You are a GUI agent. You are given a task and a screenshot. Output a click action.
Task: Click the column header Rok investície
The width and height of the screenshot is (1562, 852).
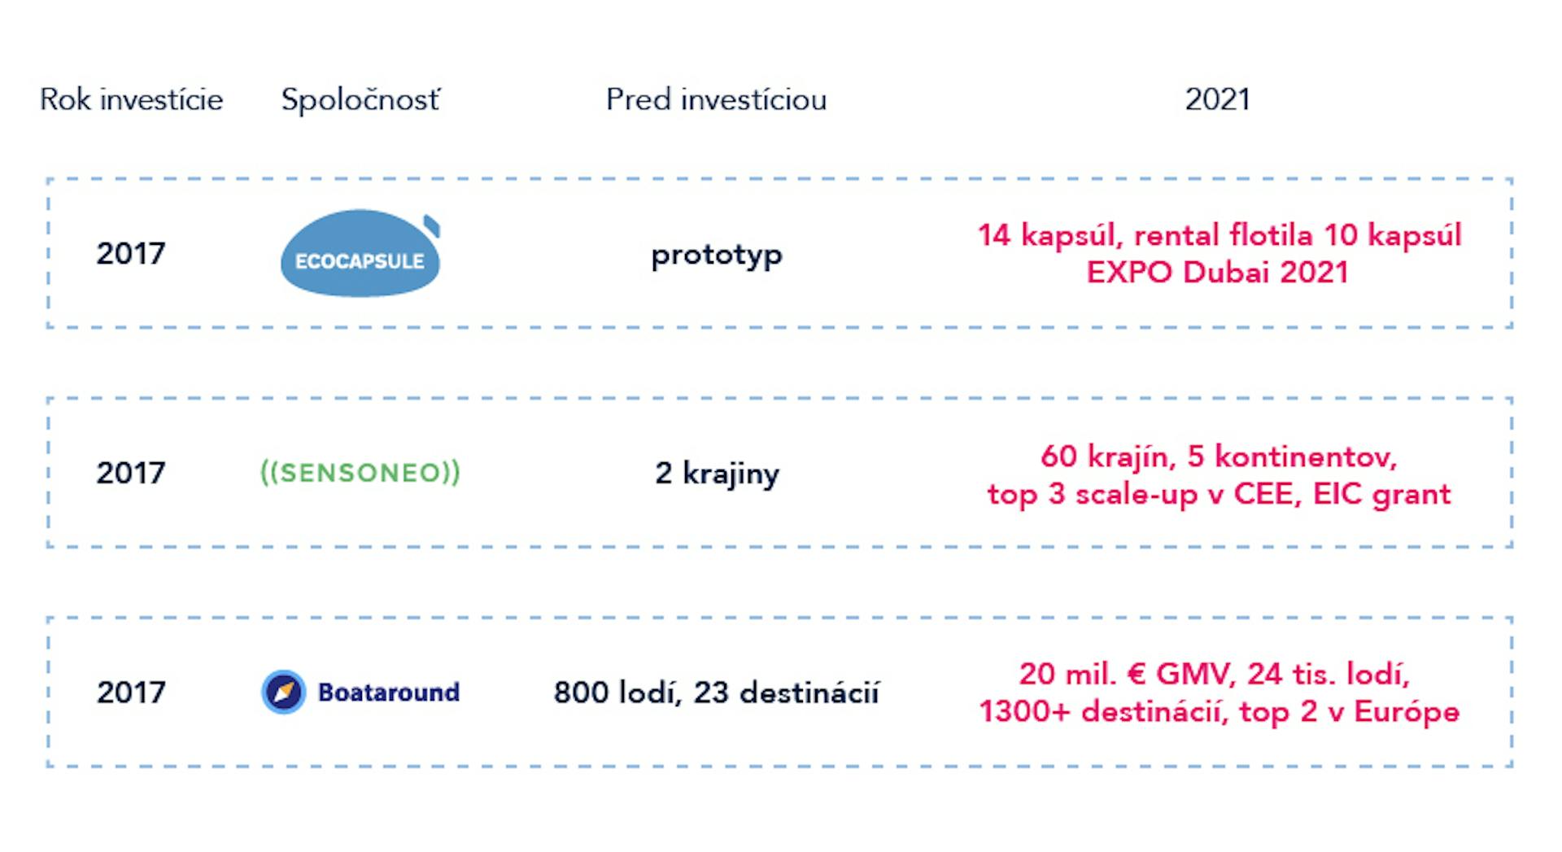tap(131, 99)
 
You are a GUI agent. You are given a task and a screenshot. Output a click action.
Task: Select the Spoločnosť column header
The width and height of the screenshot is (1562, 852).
tap(360, 99)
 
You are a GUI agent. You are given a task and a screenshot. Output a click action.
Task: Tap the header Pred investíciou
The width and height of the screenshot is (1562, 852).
tap(716, 99)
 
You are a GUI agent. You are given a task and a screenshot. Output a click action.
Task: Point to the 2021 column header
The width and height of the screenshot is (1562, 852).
tap(1217, 99)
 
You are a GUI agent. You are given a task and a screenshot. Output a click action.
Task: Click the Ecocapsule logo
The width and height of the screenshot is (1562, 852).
tap(360, 253)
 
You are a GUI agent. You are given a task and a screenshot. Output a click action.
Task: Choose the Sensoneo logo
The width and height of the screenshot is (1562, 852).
tap(360, 472)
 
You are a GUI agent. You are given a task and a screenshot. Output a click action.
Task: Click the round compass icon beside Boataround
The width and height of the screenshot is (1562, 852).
tap(283, 692)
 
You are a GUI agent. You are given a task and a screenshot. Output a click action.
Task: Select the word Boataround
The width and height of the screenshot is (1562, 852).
tap(389, 692)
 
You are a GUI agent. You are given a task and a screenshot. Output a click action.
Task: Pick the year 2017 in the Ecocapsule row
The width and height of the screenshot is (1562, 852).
tap(130, 253)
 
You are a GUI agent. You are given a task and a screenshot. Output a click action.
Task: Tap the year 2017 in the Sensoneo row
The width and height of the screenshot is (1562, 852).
tap(130, 473)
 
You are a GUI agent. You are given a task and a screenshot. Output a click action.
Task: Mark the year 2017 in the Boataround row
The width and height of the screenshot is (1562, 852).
tap(130, 693)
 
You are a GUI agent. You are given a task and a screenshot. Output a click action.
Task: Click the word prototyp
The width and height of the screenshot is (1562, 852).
tap(717, 256)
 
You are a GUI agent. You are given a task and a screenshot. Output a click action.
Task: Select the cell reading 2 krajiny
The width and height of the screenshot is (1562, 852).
tap(717, 474)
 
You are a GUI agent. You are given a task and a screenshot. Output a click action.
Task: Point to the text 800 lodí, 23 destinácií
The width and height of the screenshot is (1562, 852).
tap(716, 693)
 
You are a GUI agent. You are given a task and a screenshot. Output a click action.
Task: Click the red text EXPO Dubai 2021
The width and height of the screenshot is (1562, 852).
tap(1218, 272)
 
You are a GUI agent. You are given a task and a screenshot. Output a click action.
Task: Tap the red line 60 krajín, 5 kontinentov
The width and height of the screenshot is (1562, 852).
tap(1219, 457)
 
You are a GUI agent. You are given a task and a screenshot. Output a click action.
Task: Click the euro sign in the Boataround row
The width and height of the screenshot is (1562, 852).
tap(1136, 674)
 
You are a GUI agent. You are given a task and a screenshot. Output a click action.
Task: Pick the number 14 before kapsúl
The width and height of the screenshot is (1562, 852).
tap(993, 235)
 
